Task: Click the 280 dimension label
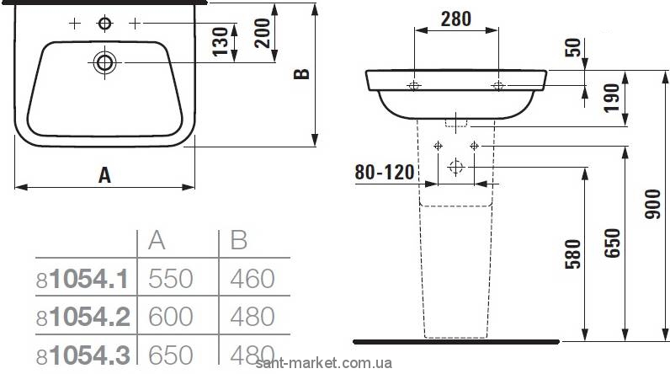(456, 19)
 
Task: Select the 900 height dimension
(653, 205)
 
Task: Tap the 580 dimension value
(573, 254)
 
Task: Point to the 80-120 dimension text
(385, 172)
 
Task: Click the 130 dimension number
(221, 41)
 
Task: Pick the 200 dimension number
(262, 34)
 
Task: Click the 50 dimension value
(574, 47)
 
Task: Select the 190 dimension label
(611, 98)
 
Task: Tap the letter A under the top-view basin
(104, 175)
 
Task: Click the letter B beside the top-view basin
(301, 74)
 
